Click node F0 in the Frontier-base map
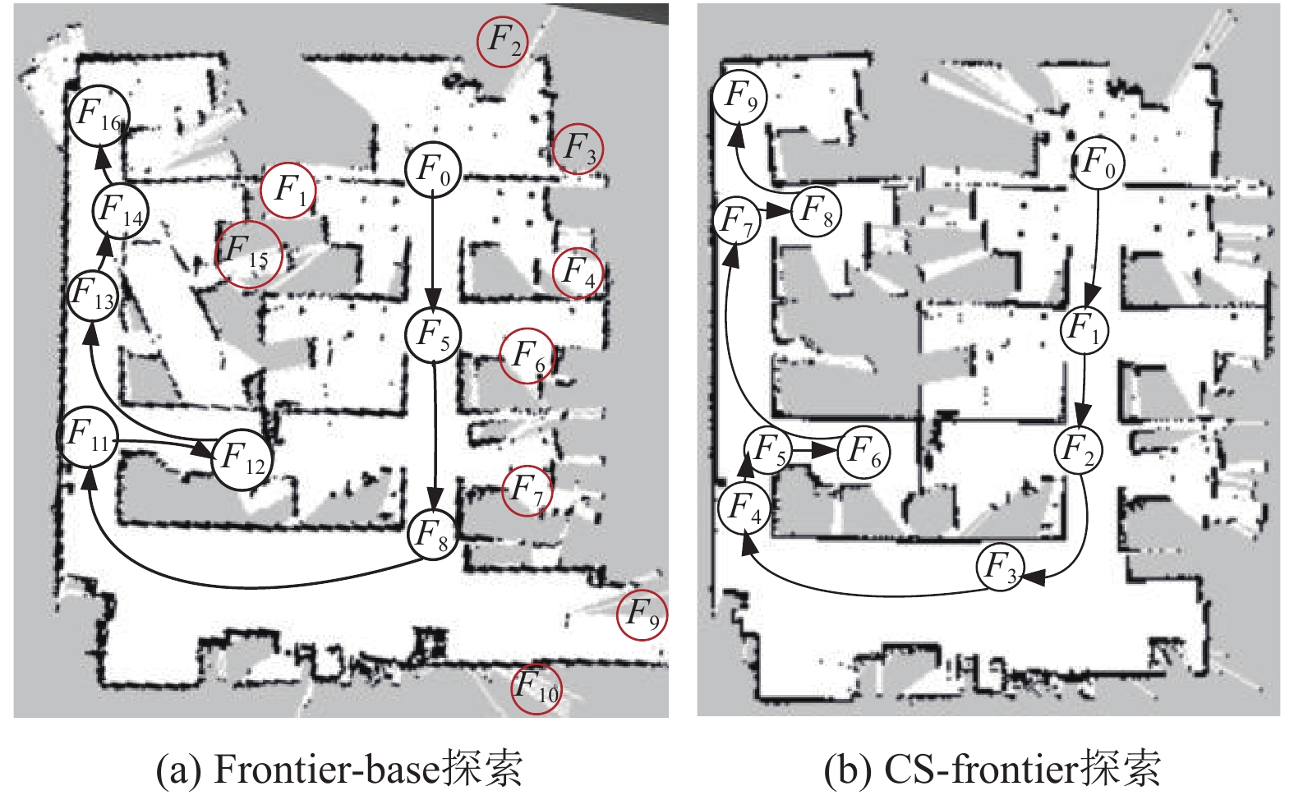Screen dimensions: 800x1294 tap(433, 170)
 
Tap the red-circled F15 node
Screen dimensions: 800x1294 tap(247, 254)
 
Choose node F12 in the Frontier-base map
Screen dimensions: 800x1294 tap(243, 457)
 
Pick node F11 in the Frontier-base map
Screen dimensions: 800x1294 tap(88, 435)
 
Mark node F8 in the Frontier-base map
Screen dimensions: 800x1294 tap(433, 535)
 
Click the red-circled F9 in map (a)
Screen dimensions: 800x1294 tap(642, 614)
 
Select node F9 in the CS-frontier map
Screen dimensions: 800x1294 tap(739, 97)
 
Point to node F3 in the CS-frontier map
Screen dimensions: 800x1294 tap(1001, 568)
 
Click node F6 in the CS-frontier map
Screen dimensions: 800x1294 tap(863, 451)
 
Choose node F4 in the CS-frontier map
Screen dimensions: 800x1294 tap(744, 507)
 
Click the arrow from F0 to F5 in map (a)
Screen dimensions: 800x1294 tap(433, 246)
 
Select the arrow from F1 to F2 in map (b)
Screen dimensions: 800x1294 tap(1084, 386)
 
